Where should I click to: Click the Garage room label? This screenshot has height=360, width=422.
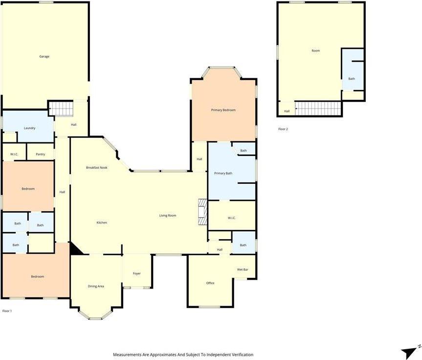(44, 56)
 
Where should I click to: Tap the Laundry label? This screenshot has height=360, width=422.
(29, 128)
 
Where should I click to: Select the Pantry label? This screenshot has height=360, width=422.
(40, 155)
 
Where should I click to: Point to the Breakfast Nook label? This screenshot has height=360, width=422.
(97, 168)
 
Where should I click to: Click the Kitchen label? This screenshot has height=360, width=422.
(101, 223)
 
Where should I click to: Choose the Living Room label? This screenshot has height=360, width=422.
(168, 216)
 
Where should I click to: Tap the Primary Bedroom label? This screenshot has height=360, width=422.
(223, 110)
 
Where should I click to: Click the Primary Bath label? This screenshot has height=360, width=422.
(223, 173)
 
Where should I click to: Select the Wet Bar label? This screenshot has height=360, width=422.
(243, 270)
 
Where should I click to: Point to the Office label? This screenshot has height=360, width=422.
(210, 283)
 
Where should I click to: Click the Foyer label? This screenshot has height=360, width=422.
(137, 273)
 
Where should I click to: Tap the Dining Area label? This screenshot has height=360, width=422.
(96, 286)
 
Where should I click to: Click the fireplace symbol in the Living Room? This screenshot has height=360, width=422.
(202, 212)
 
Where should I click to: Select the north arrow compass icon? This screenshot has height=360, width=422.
(409, 351)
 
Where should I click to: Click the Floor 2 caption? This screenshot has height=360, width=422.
(283, 129)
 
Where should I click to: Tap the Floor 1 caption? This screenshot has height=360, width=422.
(7, 311)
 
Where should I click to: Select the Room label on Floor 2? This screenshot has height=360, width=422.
(315, 51)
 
